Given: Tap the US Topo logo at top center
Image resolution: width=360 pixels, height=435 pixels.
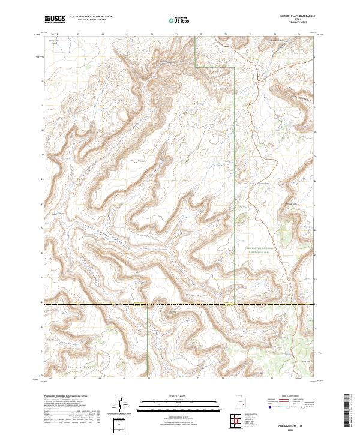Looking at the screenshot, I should click(179, 20).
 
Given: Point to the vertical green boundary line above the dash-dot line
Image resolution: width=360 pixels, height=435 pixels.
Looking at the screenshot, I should click(233, 180).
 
